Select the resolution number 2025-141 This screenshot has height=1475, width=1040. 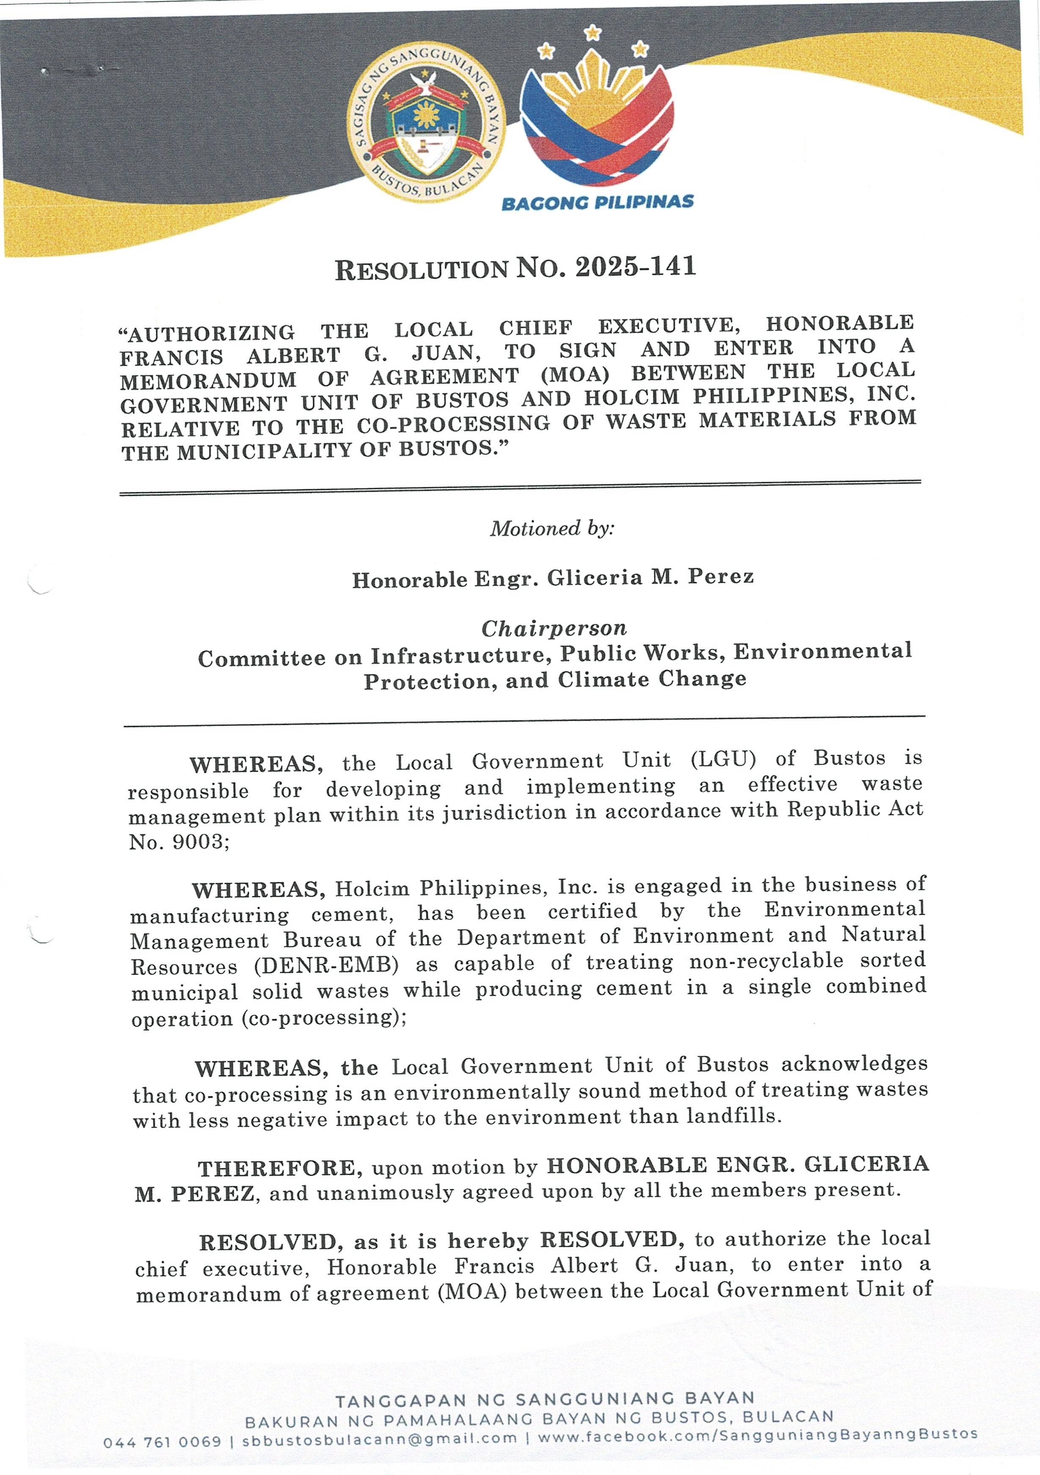click(635, 267)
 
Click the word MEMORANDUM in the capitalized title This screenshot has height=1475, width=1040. click(208, 380)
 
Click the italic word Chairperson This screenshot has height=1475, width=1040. click(554, 628)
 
